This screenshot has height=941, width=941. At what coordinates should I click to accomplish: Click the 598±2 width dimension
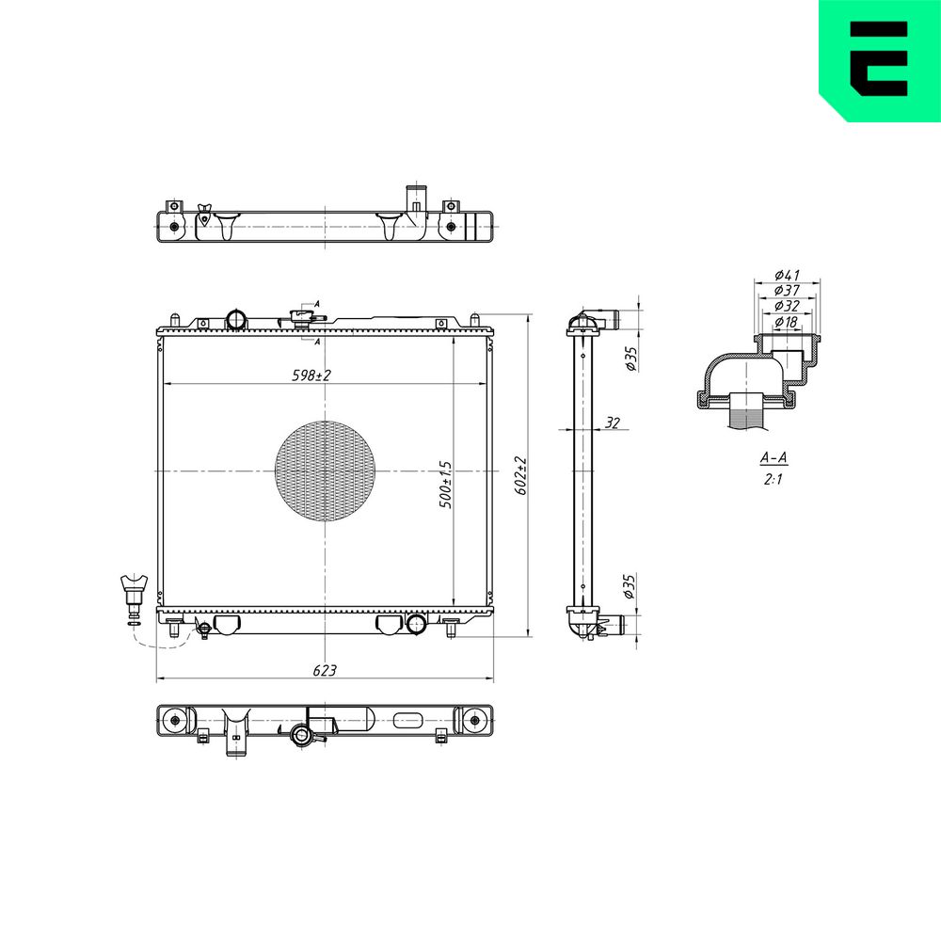click(311, 375)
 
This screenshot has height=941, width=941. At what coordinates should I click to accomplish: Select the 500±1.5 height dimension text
click(445, 485)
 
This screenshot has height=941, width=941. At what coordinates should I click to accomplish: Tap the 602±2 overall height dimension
click(521, 476)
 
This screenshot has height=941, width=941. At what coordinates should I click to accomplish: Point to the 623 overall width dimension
click(324, 670)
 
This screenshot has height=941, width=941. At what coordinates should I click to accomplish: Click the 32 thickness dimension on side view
click(612, 423)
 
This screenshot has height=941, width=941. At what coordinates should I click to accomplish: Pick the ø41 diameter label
click(787, 275)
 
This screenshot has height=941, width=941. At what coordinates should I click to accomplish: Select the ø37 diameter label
click(787, 291)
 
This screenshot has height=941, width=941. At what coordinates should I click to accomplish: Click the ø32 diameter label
click(787, 306)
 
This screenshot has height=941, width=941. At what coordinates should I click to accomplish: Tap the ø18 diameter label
click(786, 322)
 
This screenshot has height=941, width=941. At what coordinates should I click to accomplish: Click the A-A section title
click(774, 458)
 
